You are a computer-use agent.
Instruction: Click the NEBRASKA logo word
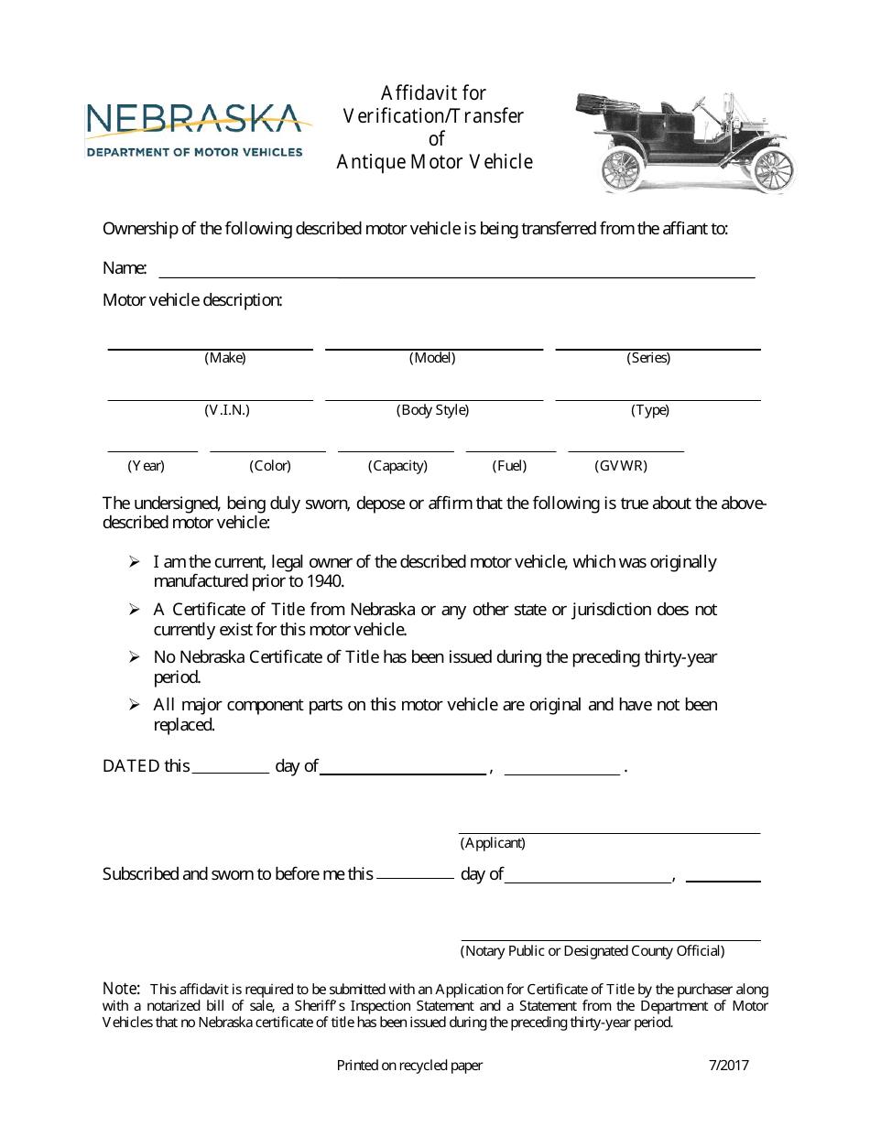[193, 119]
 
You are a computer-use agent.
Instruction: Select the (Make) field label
[225, 358]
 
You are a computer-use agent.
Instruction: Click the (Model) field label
[432, 358]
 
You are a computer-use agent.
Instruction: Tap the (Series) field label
[648, 358]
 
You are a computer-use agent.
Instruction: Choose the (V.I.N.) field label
[227, 410]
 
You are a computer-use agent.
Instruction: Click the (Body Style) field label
[432, 410]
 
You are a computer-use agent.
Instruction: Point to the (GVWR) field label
[621, 465]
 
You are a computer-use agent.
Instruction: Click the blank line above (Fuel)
[510, 450]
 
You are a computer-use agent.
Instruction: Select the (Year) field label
[146, 465]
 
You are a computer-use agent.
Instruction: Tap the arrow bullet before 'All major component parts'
[134, 705]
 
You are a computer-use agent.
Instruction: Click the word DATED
[131, 766]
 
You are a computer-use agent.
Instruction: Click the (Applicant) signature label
[493, 842]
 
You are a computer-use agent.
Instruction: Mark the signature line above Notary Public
[609, 939]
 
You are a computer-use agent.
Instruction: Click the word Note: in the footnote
[121, 989]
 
